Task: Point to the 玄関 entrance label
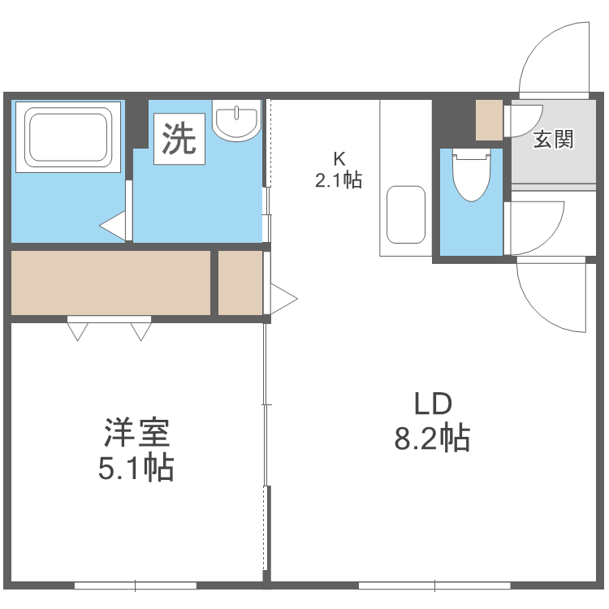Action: click(553, 139)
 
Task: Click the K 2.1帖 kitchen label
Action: click(339, 169)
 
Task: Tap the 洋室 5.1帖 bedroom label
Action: click(136, 449)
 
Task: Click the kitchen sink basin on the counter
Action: click(405, 214)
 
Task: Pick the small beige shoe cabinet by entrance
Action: click(489, 119)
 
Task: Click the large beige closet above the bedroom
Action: click(110, 283)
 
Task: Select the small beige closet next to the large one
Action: click(240, 283)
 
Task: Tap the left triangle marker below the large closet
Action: click(78, 330)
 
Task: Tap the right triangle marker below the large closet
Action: click(140, 330)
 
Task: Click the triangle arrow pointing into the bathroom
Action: click(114, 226)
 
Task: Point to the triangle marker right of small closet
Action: click(283, 298)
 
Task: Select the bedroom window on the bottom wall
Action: click(136, 585)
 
